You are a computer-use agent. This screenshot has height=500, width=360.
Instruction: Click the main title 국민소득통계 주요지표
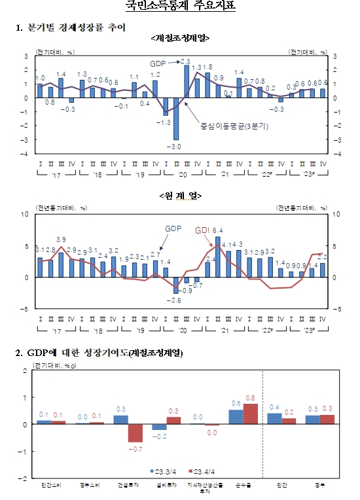(180, 7)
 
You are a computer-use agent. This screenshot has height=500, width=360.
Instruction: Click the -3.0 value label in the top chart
(177, 147)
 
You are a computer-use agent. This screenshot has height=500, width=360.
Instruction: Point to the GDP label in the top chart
(158, 63)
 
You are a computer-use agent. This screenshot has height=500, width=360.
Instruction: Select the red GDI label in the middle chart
(203, 230)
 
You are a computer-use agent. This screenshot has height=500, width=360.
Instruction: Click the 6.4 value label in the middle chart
(219, 230)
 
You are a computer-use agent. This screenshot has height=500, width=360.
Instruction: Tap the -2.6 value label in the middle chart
(175, 300)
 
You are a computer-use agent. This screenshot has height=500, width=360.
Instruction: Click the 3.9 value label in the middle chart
(61, 240)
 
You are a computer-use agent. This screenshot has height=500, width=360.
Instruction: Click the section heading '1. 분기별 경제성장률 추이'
(71, 27)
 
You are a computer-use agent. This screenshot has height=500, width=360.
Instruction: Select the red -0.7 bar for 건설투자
(135, 433)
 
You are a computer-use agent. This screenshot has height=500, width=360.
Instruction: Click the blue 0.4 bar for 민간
(274, 419)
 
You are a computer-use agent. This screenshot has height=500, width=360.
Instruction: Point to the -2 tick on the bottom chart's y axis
(24, 478)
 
